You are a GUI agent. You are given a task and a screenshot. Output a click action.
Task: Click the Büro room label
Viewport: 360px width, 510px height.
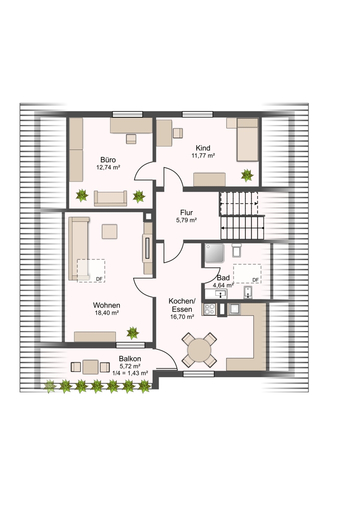pos(108,160)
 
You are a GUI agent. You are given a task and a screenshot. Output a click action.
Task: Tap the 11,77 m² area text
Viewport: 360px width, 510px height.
pos(203,156)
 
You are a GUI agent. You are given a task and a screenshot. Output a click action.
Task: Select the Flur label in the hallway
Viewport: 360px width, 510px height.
pos(186,213)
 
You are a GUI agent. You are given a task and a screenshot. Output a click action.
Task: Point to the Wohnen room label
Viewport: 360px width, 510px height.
pos(107,305)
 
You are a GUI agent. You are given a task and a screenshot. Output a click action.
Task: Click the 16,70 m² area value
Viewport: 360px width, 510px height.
pos(182,317)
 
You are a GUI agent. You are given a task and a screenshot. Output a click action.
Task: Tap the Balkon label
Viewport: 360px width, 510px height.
pos(130,359)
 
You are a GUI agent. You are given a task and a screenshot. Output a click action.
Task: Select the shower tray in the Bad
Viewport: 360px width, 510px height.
pos(214,253)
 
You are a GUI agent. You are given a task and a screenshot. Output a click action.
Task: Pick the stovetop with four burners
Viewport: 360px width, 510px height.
pos(210,309)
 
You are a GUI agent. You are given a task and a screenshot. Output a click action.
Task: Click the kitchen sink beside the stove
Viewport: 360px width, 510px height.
pos(234,309)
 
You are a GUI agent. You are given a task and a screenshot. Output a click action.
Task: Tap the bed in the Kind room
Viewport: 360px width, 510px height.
pos(247,140)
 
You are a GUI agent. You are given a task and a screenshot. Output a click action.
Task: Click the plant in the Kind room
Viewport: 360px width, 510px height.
pos(247,175)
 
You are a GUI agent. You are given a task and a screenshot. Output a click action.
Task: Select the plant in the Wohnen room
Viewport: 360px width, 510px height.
pos(133,333)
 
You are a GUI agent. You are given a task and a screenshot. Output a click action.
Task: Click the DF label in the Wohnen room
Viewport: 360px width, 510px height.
pos(99,279)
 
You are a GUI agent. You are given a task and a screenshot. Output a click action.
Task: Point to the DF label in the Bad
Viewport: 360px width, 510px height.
pos(255,280)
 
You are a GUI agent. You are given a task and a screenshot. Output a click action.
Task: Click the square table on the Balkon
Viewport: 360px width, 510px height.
pos(90,367)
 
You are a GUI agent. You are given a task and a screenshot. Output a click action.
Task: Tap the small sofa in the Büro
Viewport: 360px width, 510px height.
pos(110,198)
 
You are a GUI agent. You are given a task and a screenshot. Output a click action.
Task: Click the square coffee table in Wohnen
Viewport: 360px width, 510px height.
pos(110,232)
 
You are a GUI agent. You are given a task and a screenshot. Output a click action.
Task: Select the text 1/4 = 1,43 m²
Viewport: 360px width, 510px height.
pos(130,373)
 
